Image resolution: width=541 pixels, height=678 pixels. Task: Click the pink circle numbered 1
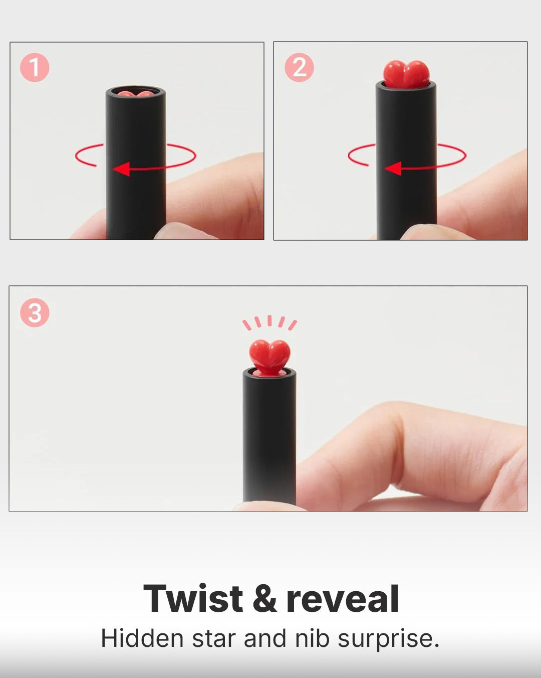(x=35, y=67)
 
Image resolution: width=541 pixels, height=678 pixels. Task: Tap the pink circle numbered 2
(x=299, y=67)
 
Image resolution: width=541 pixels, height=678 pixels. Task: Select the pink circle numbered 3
(x=35, y=312)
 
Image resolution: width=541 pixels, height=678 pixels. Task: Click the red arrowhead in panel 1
(x=121, y=169)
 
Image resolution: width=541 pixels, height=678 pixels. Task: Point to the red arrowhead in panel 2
(x=393, y=168)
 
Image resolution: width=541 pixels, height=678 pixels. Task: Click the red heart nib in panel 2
(x=406, y=74)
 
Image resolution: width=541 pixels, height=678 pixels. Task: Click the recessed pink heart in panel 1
(x=136, y=94)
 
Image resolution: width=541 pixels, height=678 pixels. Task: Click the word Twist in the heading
(x=193, y=599)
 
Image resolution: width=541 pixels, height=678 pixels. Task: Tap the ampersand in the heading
(x=264, y=599)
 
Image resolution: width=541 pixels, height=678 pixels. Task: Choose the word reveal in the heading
(x=343, y=599)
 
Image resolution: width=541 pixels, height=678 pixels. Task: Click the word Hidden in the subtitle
(x=142, y=638)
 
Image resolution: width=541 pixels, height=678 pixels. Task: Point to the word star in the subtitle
(x=214, y=639)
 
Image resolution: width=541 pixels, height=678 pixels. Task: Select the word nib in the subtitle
(x=312, y=638)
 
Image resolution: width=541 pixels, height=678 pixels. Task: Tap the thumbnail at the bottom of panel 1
(x=179, y=230)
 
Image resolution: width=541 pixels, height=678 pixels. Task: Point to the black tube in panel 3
(x=269, y=438)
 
